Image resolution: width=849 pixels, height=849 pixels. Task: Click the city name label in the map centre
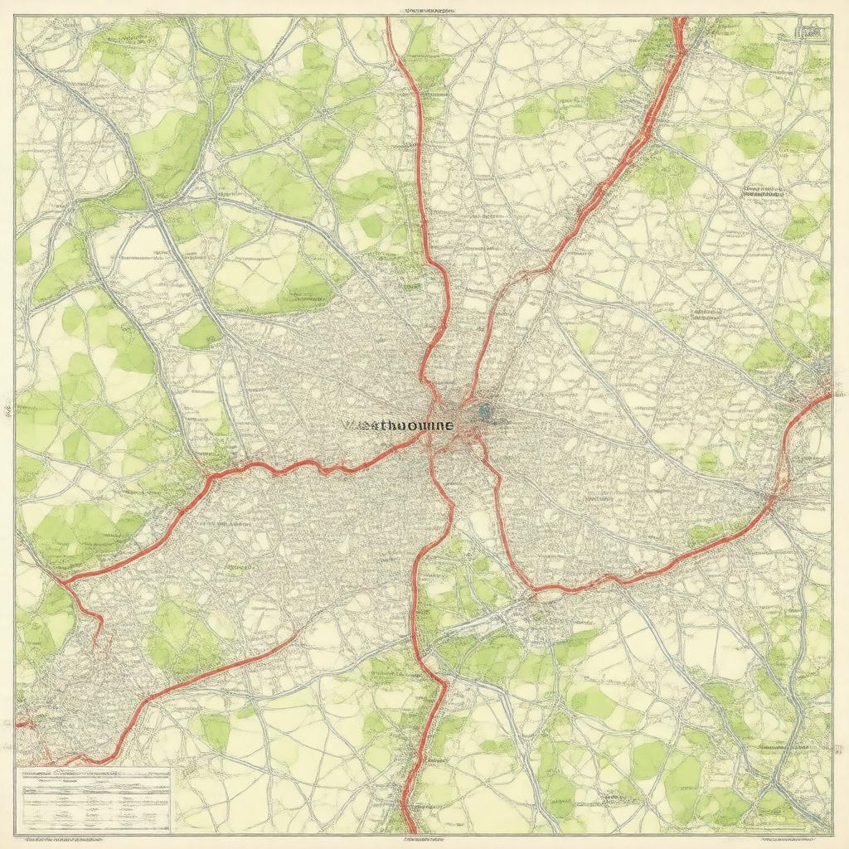click(398, 424)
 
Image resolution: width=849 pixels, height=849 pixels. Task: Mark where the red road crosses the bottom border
click(409, 830)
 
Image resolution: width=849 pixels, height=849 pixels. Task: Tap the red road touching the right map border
click(827, 395)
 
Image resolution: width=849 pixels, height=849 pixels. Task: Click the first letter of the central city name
click(346, 424)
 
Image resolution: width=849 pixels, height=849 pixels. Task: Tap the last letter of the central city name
click(449, 424)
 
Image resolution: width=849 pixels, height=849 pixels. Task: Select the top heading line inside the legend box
click(93, 774)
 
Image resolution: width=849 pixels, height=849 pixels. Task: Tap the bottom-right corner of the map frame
click(831, 832)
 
